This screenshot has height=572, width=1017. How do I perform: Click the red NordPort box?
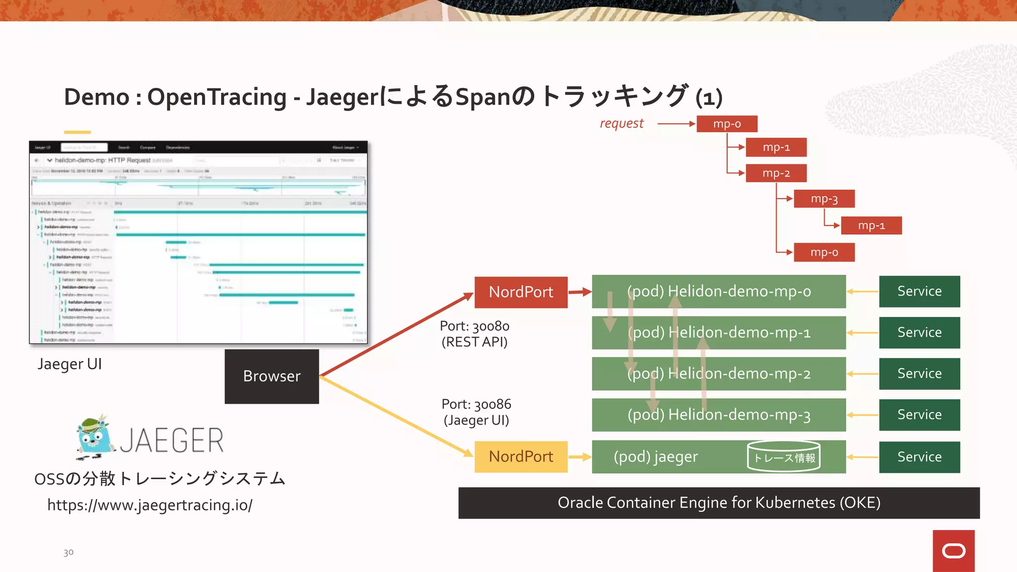click(520, 292)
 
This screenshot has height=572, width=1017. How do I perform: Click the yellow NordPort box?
click(520, 456)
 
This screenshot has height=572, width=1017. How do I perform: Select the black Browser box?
click(272, 376)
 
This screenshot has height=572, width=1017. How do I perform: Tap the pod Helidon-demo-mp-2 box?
click(719, 373)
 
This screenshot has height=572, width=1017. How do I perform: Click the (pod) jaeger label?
click(655, 456)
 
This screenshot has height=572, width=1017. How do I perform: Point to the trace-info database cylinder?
click(784, 456)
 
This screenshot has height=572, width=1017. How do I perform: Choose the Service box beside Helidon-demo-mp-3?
click(919, 415)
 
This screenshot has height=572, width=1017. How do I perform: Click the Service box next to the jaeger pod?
click(919, 457)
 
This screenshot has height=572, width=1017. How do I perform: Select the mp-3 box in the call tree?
click(824, 199)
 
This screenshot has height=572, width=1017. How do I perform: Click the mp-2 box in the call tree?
click(776, 173)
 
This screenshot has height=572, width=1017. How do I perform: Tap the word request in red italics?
click(621, 123)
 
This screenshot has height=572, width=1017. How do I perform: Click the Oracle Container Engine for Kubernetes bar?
click(719, 502)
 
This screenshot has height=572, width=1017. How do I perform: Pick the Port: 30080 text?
click(474, 326)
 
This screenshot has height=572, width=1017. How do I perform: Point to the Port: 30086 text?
click(476, 404)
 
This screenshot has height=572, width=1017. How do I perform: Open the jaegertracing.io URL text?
click(149, 505)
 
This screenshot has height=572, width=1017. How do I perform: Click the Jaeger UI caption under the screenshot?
click(70, 364)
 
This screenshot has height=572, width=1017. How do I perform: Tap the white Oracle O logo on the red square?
click(953, 551)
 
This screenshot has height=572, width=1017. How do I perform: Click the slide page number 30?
click(69, 552)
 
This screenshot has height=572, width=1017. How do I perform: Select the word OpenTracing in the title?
click(217, 97)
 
